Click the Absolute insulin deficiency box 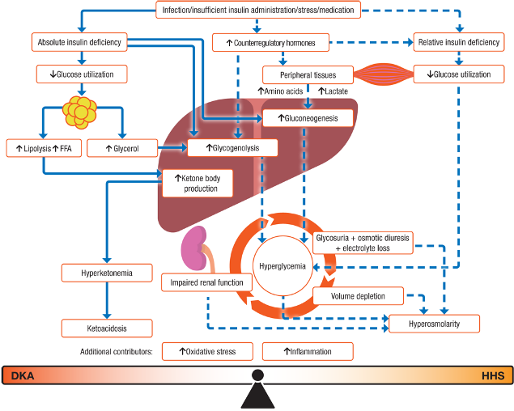click(79, 41)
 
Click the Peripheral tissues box click(307, 74)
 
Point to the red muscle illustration click(382, 74)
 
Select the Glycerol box click(121, 148)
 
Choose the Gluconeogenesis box click(309, 118)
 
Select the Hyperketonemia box click(108, 273)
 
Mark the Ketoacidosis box click(108, 328)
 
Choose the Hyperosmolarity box click(435, 324)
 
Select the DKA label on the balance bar click(22, 376)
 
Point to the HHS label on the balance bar click(492, 376)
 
